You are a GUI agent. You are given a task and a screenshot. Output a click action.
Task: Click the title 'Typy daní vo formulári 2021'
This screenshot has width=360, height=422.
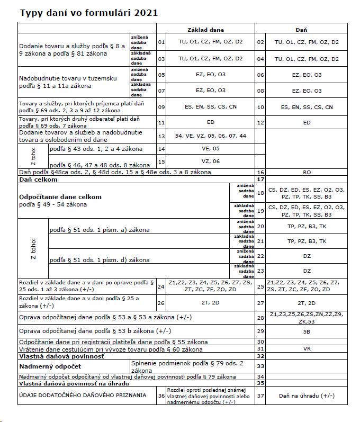88,12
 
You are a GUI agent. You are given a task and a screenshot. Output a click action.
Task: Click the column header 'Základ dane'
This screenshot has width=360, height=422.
205,30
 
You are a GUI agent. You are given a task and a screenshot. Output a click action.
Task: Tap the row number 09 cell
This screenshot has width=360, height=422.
161,107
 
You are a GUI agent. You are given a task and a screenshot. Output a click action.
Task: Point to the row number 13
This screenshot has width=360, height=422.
161,136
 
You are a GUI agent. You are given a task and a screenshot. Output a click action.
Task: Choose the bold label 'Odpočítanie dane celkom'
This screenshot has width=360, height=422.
60,196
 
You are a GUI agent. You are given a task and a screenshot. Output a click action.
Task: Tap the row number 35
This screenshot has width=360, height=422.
260,382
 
